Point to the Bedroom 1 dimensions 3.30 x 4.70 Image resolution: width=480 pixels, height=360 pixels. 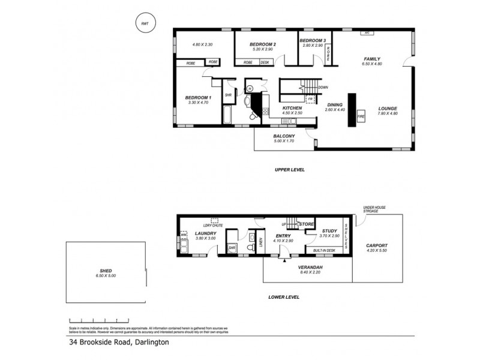click(x=198, y=103)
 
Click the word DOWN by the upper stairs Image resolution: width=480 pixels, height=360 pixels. click(x=323, y=87)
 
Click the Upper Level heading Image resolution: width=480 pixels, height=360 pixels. click(x=290, y=170)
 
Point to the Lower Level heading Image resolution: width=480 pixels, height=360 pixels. click(x=284, y=297)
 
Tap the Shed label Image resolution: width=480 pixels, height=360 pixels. click(x=104, y=271)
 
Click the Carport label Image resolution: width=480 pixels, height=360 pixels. click(x=378, y=245)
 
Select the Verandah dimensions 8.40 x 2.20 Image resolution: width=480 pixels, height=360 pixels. click(x=310, y=271)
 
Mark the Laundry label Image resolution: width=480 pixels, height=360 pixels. click(x=206, y=233)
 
